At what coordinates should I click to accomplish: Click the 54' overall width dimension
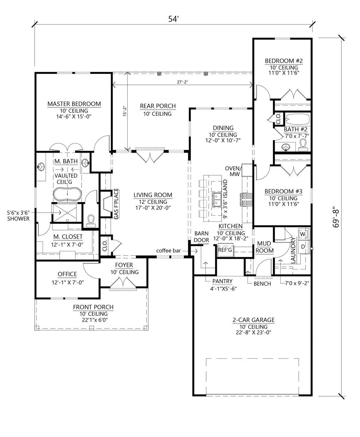coord(173,19)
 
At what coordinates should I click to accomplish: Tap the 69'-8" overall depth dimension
coord(336,217)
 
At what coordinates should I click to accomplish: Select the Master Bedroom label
coord(74,104)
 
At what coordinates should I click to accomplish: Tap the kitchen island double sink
coord(217,200)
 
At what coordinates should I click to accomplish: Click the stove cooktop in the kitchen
coord(246,200)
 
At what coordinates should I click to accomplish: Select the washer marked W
coord(303,234)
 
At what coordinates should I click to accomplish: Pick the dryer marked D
coord(303,247)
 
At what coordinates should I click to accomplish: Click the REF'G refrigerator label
coord(225,250)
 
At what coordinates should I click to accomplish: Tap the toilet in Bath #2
coord(304,145)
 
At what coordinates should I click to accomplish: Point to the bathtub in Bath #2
coord(298,119)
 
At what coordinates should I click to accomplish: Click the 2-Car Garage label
coord(253,320)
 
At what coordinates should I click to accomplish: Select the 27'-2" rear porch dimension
coord(183,82)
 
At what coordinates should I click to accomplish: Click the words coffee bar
coord(168,251)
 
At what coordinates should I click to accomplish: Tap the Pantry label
coord(222,281)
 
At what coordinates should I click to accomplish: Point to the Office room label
coord(67,274)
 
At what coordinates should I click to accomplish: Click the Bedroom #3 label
coord(283,191)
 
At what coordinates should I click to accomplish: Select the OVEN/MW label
coord(233,171)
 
